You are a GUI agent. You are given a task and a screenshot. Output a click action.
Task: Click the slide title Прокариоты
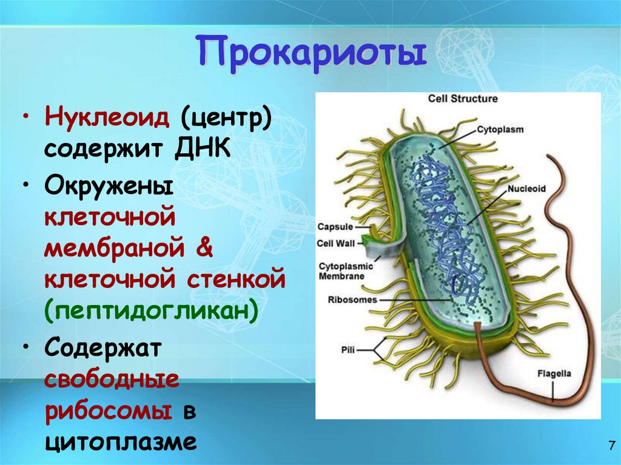point(310,52)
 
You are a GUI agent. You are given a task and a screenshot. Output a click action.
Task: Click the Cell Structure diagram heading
point(463,98)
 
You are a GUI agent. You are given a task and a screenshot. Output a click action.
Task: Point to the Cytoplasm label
point(500,129)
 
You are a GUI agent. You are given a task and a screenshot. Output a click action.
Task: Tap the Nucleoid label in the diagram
point(526,189)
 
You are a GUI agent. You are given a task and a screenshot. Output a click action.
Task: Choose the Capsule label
point(335,227)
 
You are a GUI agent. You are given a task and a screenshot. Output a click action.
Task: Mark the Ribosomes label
point(352,299)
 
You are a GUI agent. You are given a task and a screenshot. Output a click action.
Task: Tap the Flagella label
point(554,373)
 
